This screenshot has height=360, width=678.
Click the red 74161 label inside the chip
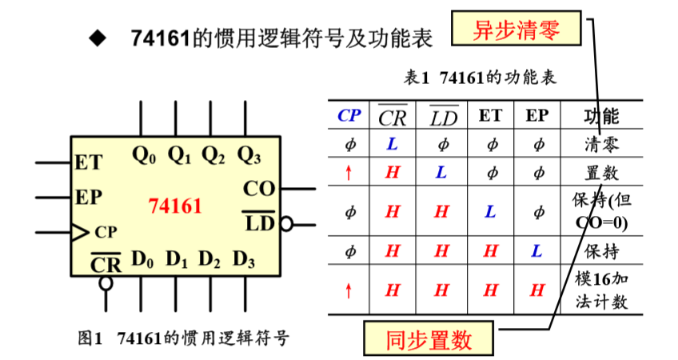174,206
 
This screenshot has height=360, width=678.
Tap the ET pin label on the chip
89,162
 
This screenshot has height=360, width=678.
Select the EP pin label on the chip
89,197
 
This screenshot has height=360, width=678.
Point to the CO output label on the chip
258,190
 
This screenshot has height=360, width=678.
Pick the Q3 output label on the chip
249,155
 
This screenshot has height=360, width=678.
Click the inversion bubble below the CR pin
106,282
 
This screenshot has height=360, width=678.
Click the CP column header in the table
349,115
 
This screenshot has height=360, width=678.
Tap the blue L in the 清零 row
392,145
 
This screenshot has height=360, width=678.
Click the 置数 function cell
601,172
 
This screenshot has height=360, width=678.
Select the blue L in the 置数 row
441,172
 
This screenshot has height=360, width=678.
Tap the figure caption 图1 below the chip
184,338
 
